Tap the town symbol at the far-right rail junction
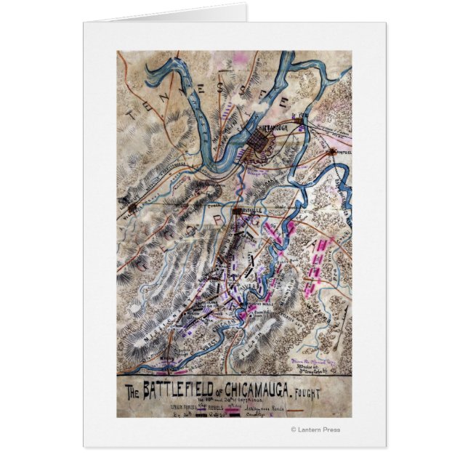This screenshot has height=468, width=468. pyautogui.click(x=334, y=152)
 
